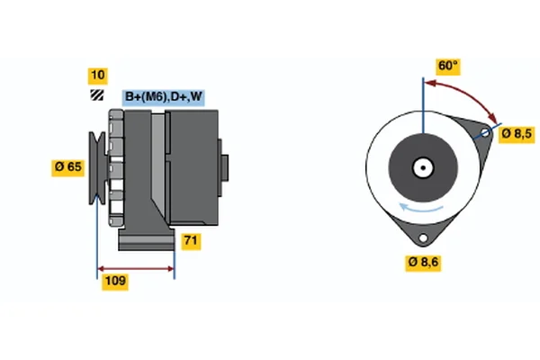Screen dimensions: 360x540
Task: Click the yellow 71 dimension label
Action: (x=190, y=241)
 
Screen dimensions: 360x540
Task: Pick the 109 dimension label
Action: (x=115, y=282)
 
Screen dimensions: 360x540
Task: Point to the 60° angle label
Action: (x=446, y=66)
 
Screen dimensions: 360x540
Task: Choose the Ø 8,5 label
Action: (x=517, y=134)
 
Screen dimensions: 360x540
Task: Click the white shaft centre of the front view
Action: (x=422, y=166)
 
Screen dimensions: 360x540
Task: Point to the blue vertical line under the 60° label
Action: (x=422, y=108)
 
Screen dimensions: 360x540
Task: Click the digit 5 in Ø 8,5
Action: (x=529, y=134)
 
